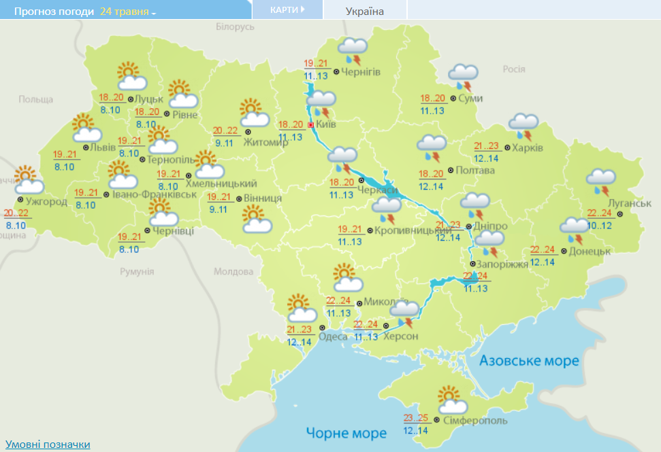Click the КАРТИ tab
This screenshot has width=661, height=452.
[286, 10]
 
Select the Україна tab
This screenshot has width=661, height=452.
[364, 11]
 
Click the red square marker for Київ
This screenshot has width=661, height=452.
[311, 125]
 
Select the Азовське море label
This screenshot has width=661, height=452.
[529, 360]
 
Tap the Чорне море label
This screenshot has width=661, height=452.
[346, 433]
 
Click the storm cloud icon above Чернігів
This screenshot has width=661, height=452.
[353, 51]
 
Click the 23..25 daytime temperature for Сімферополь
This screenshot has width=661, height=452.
[416, 418]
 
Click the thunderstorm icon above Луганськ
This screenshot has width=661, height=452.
[602, 180]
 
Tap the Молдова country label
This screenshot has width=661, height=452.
[233, 271]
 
